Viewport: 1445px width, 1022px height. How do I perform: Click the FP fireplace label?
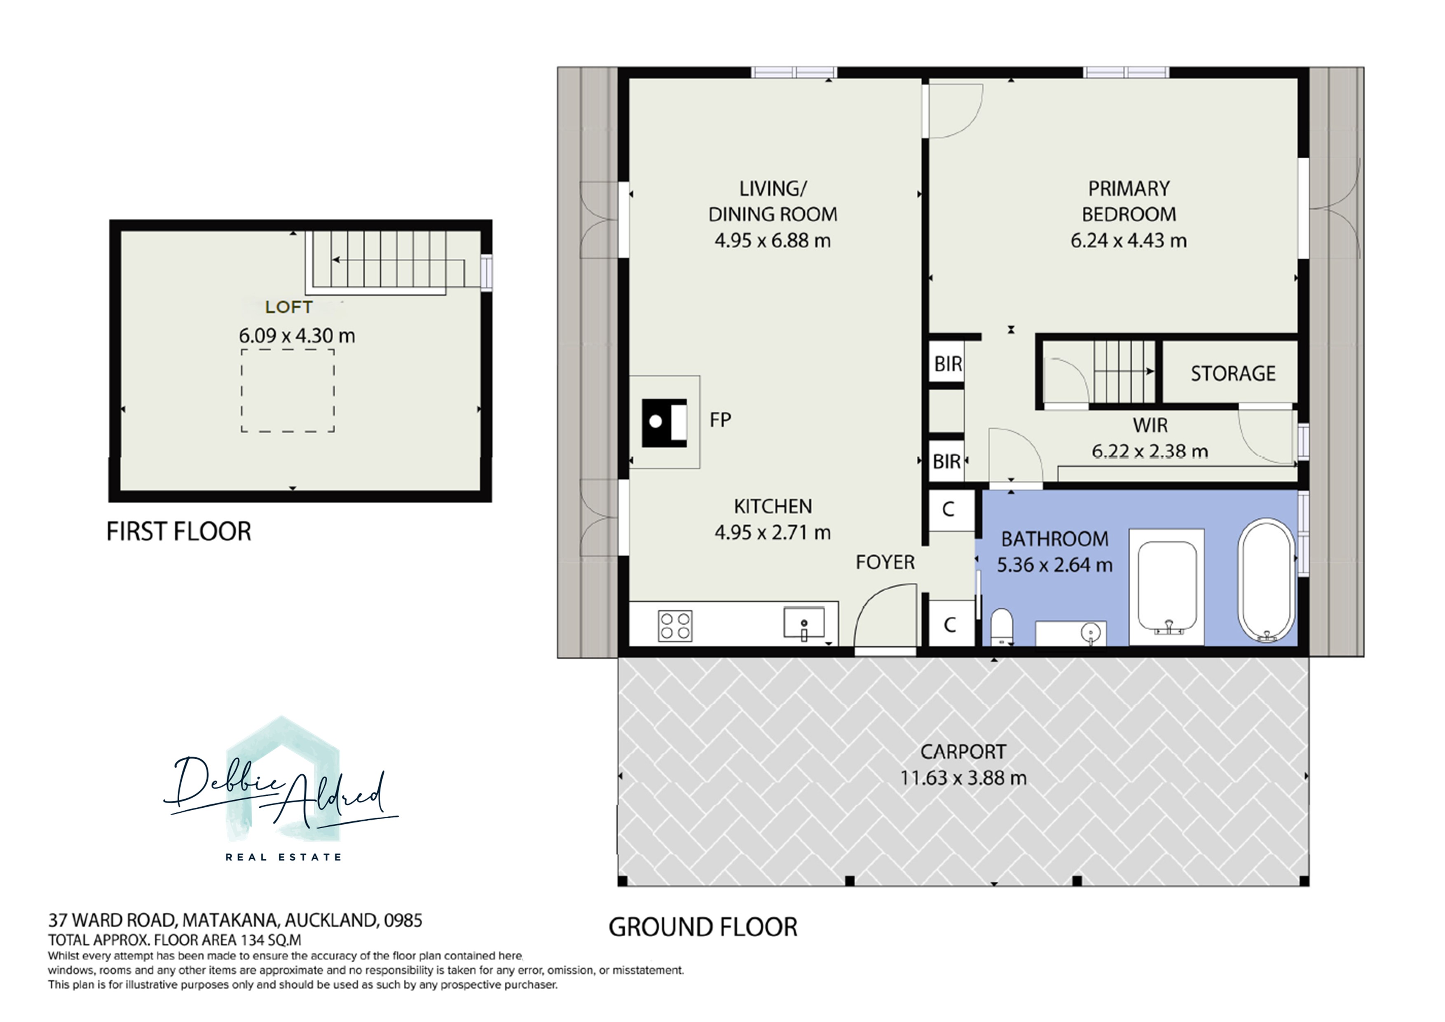pyautogui.click(x=721, y=420)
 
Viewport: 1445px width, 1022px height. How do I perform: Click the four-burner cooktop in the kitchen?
pyautogui.click(x=675, y=626)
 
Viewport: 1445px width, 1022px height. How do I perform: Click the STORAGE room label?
pyautogui.click(x=1233, y=374)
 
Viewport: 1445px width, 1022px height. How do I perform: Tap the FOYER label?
pyautogui.click(x=885, y=562)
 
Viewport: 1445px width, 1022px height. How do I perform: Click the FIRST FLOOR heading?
pyautogui.click(x=179, y=532)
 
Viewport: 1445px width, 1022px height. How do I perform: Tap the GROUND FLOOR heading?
pyautogui.click(x=703, y=928)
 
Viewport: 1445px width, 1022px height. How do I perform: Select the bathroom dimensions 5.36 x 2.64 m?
pyautogui.click(x=1055, y=565)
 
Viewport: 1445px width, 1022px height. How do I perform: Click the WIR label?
pyautogui.click(x=1150, y=425)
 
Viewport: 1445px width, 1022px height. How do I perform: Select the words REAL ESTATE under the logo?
pyautogui.click(x=284, y=857)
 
